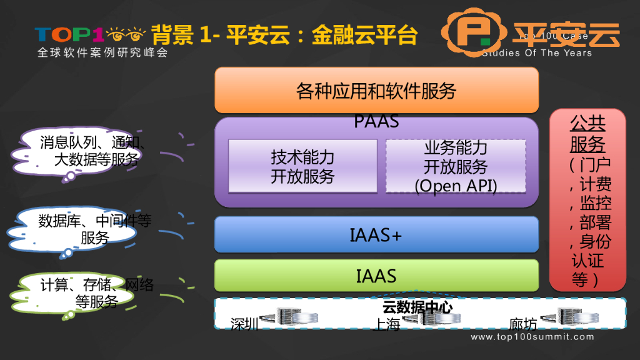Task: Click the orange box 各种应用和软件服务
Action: coord(376,91)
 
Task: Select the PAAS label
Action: coord(376,121)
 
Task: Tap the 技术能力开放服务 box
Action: coord(302,166)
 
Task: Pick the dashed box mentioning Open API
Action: coord(456,167)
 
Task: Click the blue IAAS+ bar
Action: coord(376,235)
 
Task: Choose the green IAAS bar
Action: coord(376,276)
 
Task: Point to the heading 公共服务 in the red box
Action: coord(587,134)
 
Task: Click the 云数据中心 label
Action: coord(417,307)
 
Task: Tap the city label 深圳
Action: coord(244,324)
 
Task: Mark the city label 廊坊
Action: coord(522,324)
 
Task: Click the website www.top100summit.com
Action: coord(532,337)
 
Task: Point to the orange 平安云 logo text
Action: coord(566,35)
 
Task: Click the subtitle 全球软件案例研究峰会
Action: coord(102,53)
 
